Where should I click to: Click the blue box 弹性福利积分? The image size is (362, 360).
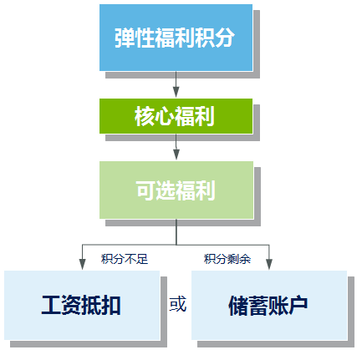tap(175, 38)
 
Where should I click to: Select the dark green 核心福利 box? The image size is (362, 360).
tap(175, 116)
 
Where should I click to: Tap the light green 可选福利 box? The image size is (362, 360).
tap(175, 190)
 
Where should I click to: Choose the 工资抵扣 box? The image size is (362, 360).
tap(81, 305)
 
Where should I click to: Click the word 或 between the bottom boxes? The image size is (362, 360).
tap(178, 304)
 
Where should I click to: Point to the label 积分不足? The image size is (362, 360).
tap(124, 258)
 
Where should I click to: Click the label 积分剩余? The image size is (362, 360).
tap(227, 258)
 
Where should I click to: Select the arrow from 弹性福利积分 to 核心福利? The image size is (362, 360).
tap(176, 84)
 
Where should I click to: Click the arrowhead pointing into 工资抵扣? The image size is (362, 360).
tap(82, 263)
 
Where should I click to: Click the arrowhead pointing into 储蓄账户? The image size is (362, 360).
tap(269, 263)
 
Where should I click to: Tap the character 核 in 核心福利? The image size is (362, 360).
tap(145, 117)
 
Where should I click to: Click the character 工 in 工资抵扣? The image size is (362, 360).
tap(51, 306)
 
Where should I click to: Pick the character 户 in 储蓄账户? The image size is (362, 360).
tap(298, 306)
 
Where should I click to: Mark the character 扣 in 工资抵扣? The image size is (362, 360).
tap(111, 306)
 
